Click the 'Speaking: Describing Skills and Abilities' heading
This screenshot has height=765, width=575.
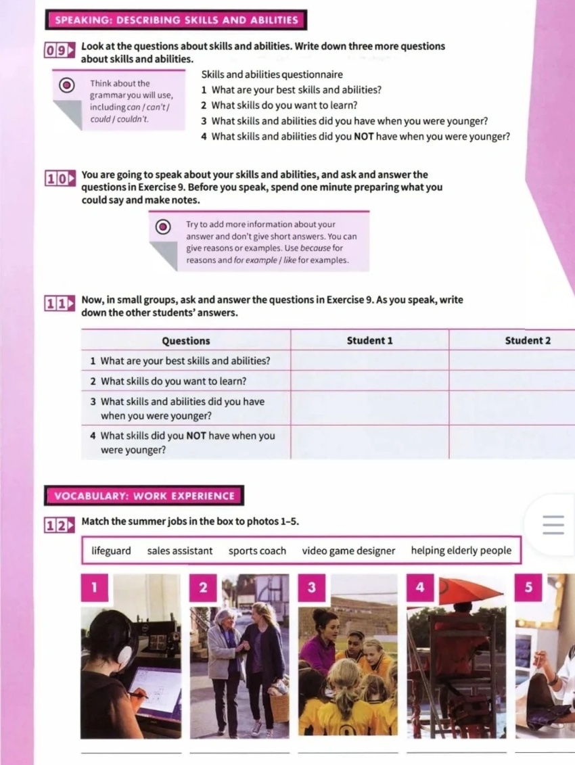click(x=176, y=20)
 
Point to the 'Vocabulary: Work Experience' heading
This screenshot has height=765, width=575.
click(x=145, y=496)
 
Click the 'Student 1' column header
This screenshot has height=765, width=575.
click(x=369, y=340)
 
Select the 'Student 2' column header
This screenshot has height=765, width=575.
click(x=528, y=340)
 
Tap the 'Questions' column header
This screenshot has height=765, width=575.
click(x=186, y=340)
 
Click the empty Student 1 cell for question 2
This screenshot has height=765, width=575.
click(x=369, y=381)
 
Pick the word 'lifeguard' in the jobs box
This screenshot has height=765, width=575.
click(x=112, y=551)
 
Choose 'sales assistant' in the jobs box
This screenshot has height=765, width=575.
click(x=180, y=551)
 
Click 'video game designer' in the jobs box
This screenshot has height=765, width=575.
click(x=348, y=551)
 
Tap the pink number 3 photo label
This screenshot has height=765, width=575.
click(x=311, y=587)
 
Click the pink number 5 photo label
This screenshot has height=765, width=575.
click(x=528, y=587)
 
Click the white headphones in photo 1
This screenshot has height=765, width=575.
click(x=124, y=654)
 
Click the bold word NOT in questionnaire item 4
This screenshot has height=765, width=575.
click(x=364, y=137)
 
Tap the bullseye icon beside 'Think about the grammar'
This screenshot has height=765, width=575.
click(x=67, y=85)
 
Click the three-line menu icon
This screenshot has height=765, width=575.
click(x=553, y=524)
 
